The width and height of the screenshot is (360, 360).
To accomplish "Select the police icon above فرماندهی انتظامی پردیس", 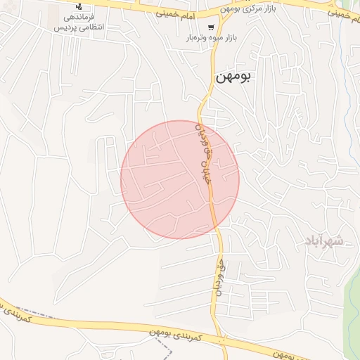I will [78, 6].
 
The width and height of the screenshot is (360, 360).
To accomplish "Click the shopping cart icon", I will [211, 27].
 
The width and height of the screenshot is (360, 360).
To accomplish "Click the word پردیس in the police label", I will [61, 28].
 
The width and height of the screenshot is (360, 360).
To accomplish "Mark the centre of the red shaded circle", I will [180, 179].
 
